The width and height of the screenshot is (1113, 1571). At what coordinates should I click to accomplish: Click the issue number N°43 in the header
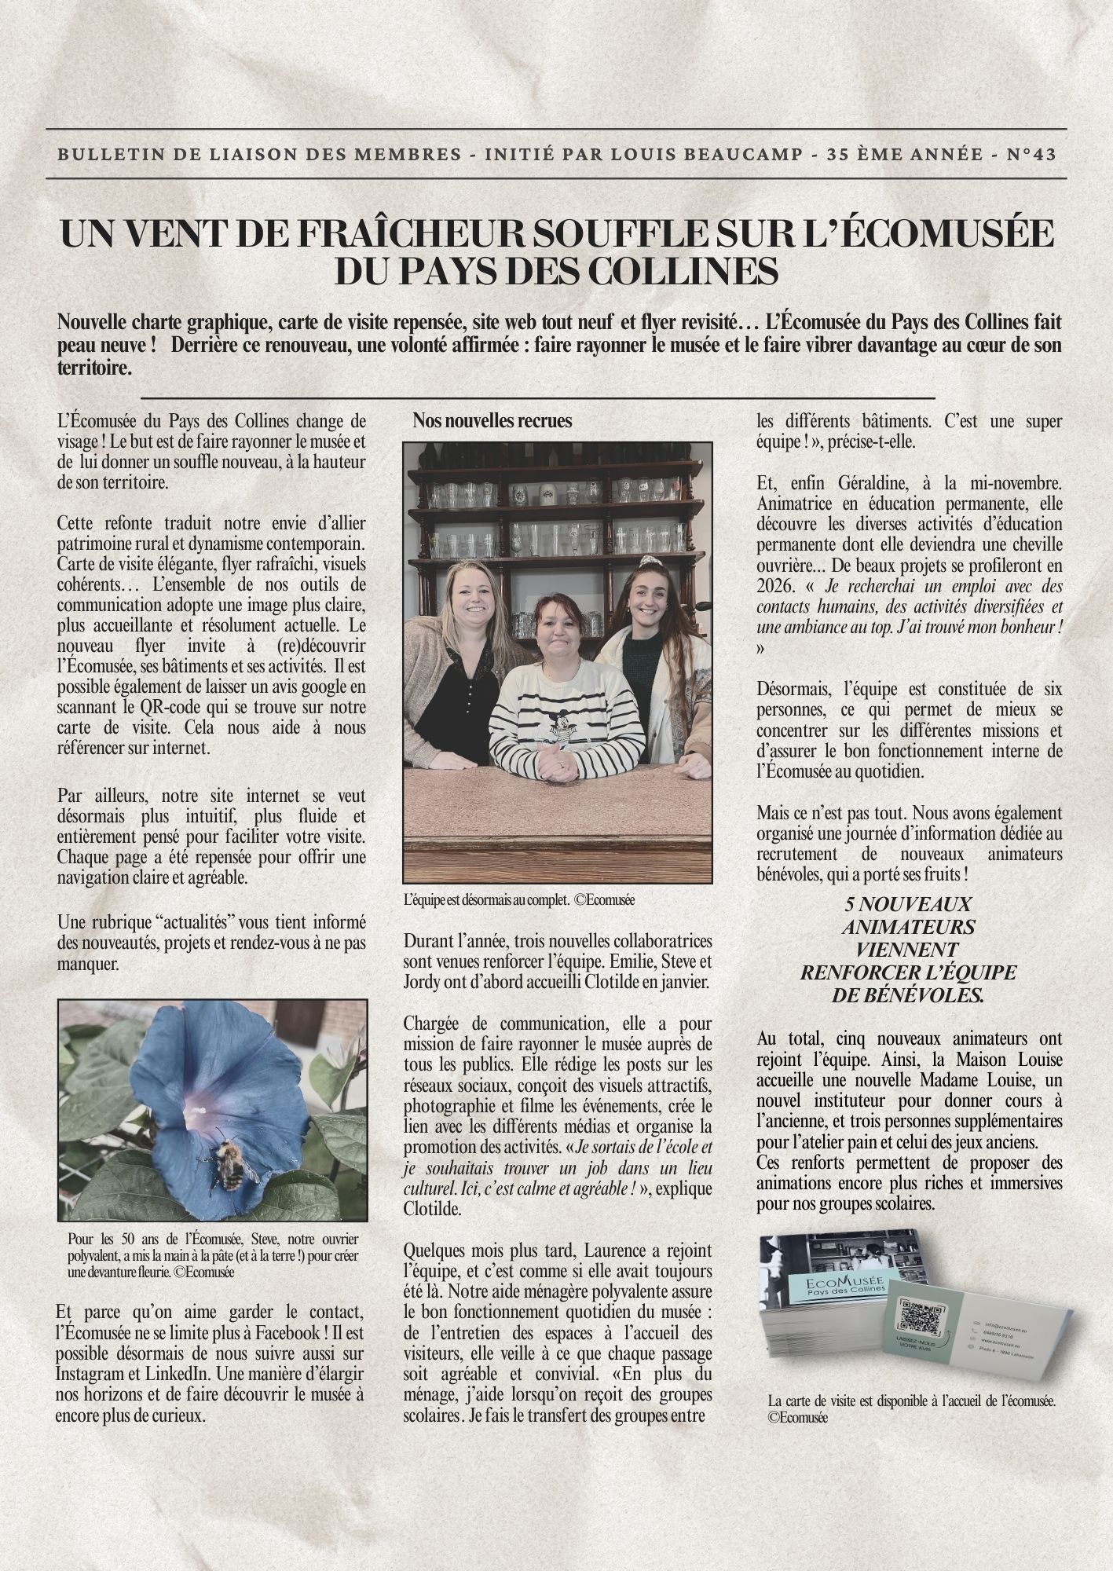click(x=1031, y=154)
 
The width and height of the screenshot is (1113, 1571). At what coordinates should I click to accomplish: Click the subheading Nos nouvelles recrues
click(x=492, y=421)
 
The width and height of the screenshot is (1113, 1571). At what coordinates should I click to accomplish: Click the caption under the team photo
click(x=518, y=900)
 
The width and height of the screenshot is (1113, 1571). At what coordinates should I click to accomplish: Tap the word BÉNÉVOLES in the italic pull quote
click(x=906, y=995)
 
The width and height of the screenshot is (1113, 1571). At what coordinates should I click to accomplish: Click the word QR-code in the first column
click(x=131, y=707)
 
